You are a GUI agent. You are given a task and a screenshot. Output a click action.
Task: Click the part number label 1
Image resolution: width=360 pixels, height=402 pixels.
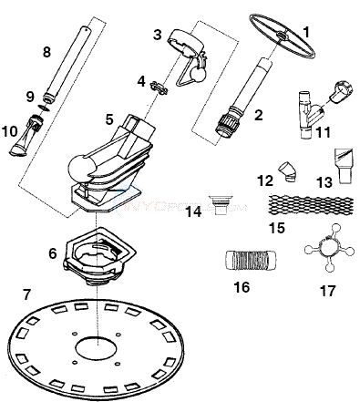(x=306, y=31)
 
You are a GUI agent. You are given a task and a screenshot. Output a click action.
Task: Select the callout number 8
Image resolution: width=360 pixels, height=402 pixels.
(x=47, y=53)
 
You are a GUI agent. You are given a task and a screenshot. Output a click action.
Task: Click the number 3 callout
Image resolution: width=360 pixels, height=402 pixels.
(x=157, y=35)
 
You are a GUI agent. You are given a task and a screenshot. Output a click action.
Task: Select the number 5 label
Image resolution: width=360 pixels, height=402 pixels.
(x=108, y=119)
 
